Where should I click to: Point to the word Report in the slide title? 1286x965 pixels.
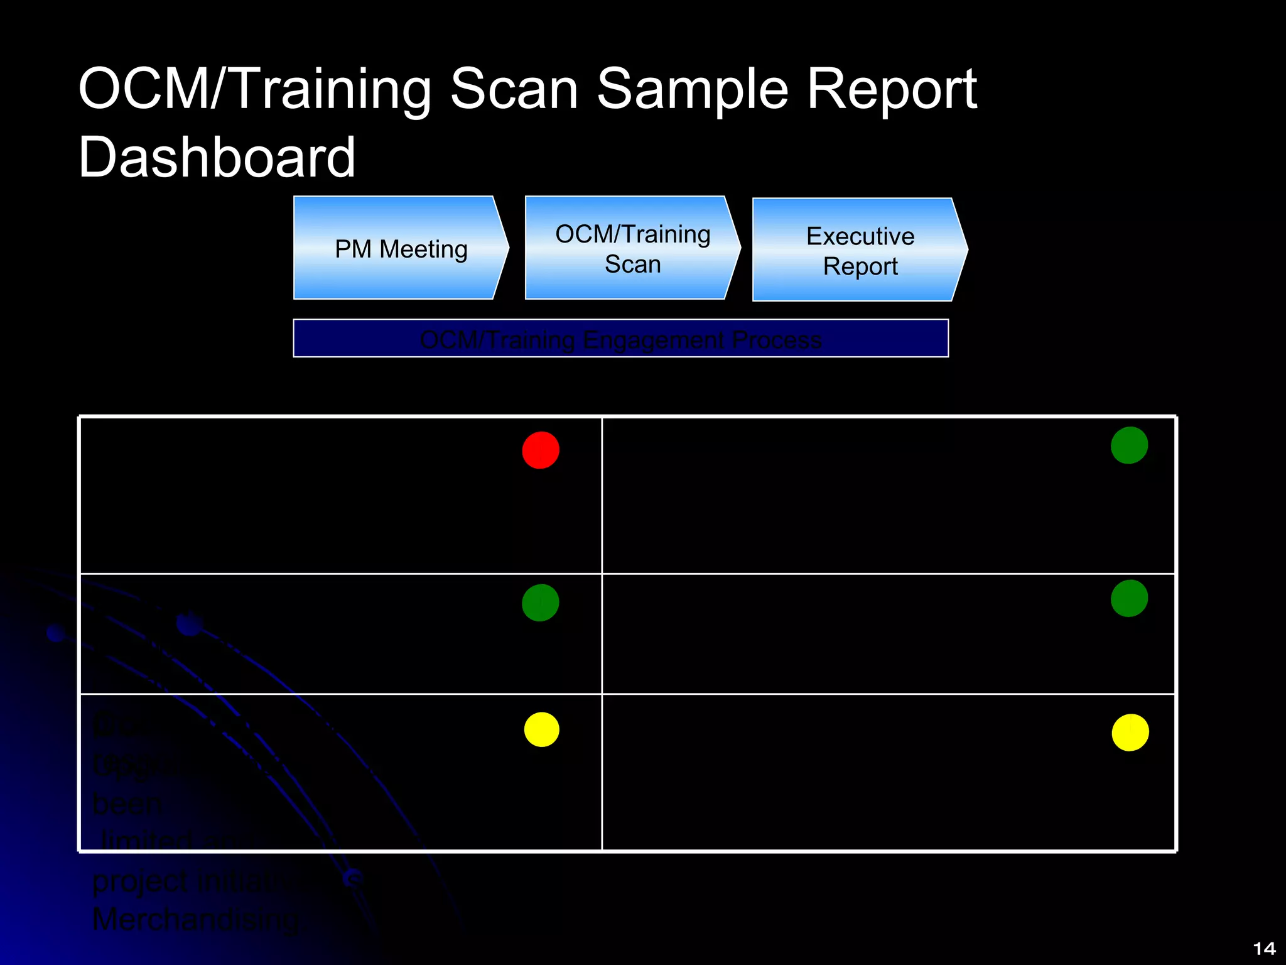tap(892, 89)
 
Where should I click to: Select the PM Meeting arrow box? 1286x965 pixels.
tap(401, 248)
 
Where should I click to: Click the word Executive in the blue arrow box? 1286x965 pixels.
tap(860, 236)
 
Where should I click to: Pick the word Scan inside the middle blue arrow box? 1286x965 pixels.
tap(632, 264)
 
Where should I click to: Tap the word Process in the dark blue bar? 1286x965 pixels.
tap(777, 340)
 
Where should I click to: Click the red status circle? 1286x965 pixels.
tap(541, 450)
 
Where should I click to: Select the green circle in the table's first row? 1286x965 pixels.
tap(1129, 445)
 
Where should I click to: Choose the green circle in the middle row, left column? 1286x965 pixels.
tap(541, 602)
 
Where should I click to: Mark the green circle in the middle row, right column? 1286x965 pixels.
tap(1129, 598)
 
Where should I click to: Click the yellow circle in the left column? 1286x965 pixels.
tap(541, 729)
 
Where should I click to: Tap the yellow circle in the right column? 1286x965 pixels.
tap(1130, 733)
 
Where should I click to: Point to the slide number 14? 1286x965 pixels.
tap(1264, 948)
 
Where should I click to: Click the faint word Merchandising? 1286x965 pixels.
tap(195, 920)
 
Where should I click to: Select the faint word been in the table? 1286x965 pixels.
tap(127, 804)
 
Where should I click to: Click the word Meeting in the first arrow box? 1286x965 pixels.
tap(423, 249)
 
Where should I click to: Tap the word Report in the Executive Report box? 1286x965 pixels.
tap(860, 266)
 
